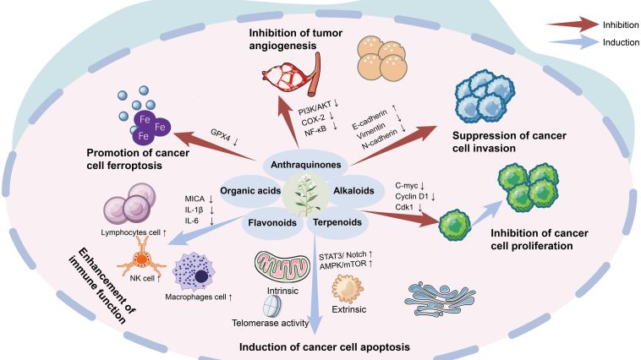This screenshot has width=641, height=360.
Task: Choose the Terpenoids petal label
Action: [x=338, y=222]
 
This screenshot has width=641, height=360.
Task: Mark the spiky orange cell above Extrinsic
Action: [x=347, y=289]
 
